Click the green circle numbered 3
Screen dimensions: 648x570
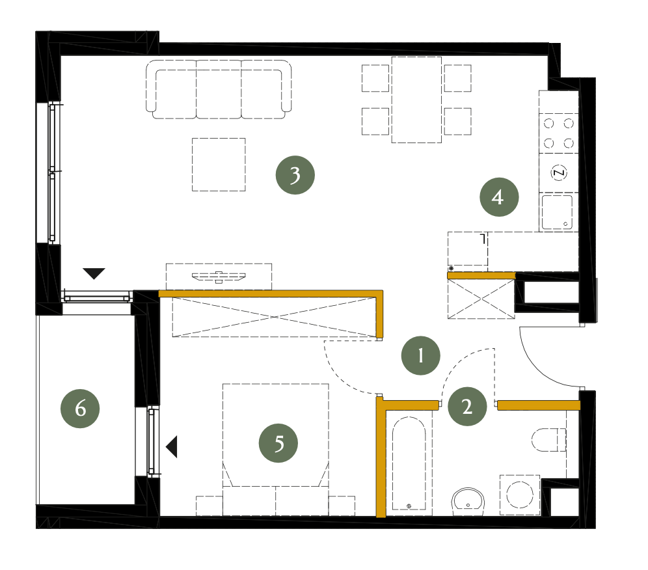click(295, 175)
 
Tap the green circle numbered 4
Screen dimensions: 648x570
click(499, 197)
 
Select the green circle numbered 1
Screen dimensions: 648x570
click(421, 355)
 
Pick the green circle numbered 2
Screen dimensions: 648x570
click(467, 406)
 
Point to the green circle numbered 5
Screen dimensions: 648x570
click(278, 443)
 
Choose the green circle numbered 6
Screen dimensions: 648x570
click(80, 409)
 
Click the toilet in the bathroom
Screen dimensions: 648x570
click(548, 440)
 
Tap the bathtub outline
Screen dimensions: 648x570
click(409, 463)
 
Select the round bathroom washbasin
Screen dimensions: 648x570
click(468, 502)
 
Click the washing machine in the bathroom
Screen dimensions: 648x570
click(520, 495)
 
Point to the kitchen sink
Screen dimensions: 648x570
click(557, 212)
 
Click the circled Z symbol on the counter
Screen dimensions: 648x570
click(559, 172)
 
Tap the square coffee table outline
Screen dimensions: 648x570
click(219, 165)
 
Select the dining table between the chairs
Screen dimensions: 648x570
click(416, 100)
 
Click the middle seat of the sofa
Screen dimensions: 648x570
click(219, 90)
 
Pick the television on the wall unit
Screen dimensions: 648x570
click(219, 277)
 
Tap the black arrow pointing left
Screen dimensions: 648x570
click(172, 447)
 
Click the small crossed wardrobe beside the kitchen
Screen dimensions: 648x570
click(481, 299)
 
